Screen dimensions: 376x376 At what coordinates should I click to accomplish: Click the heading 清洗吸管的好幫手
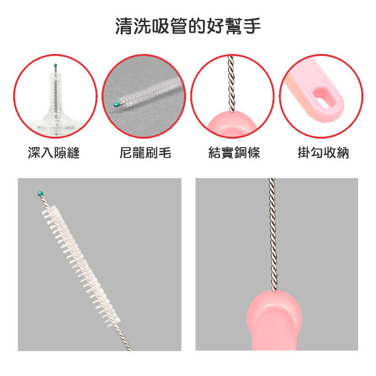[188, 26]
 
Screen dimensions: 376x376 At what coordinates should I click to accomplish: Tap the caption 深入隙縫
[54, 153]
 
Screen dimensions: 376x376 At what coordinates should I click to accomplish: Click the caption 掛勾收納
[323, 153]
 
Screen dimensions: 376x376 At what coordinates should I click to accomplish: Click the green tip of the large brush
[40, 194]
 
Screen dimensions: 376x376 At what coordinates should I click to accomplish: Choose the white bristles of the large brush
[80, 260]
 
